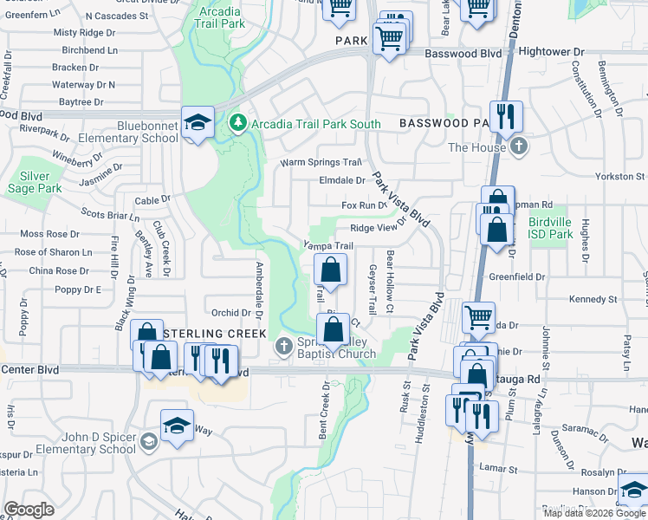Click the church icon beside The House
pos(519,146)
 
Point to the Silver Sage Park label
pos(35,181)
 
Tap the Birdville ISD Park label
pos(550,228)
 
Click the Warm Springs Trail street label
pos(320,163)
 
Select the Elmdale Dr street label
pos(342,181)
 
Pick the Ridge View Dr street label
pos(379,227)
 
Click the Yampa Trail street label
pos(327,246)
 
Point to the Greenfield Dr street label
pos(516,277)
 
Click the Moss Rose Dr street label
pos(49,234)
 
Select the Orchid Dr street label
pos(231,313)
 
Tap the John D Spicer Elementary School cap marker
pos(177,425)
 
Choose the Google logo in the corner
pos(29,510)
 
